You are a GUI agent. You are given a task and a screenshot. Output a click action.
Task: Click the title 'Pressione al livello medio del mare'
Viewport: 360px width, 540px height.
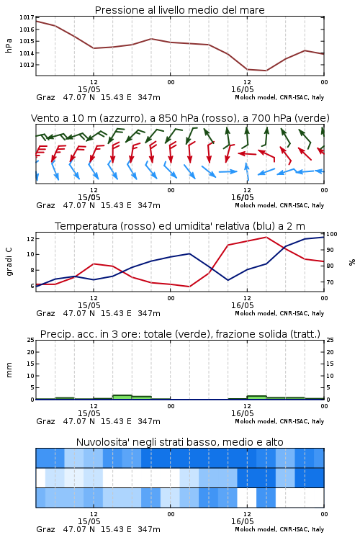pyautogui.click(x=179, y=10)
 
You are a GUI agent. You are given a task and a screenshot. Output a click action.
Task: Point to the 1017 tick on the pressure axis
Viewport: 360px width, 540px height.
pyautogui.click(x=27, y=17)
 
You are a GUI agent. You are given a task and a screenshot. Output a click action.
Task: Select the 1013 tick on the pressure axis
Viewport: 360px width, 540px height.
pyautogui.click(x=27, y=65)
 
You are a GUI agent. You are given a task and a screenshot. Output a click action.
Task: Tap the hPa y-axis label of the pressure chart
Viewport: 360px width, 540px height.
pyautogui.click(x=9, y=45)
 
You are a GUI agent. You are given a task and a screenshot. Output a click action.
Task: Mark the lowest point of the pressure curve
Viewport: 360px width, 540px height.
pyautogui.click(x=266, y=71)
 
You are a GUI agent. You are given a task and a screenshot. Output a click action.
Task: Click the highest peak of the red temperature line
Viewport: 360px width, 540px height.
pyautogui.click(x=266, y=237)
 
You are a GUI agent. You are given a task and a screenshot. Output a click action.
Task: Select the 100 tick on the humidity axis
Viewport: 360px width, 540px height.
pyautogui.click(x=332, y=234)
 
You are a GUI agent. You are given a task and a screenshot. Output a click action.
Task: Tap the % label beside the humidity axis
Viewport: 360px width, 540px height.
pyautogui.click(x=352, y=262)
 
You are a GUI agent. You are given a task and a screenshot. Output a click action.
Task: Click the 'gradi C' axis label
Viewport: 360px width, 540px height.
pyautogui.click(x=9, y=261)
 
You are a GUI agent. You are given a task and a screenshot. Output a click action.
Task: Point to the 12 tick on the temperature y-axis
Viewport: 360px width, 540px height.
pyautogui.click(x=30, y=238)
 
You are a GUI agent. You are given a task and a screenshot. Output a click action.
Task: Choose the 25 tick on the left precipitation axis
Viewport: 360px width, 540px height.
pyautogui.click(x=31, y=340)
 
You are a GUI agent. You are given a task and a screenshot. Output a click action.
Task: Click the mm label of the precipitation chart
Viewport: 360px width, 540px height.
pyautogui.click(x=9, y=369)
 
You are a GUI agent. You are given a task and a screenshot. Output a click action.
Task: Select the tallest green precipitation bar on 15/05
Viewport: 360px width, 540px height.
pyautogui.click(x=122, y=397)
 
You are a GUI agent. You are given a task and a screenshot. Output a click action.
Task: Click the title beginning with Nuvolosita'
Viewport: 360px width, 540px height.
pyautogui.click(x=179, y=442)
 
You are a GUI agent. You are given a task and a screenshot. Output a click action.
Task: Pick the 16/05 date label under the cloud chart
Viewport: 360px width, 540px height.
pyautogui.click(x=242, y=521)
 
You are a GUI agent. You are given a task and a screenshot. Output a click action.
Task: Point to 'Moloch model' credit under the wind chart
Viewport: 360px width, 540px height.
pyautogui.click(x=255, y=205)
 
